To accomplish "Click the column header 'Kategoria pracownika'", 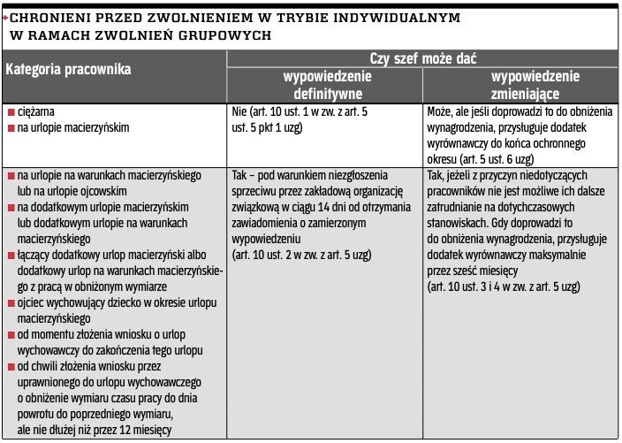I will pos(68,69).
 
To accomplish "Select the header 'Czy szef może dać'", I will pos(423,58).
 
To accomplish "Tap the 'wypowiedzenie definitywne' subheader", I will pos(326,85).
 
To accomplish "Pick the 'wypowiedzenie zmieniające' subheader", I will pos(521,85).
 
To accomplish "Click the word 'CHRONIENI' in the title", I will pos(52,17).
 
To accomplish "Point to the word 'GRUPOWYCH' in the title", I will pos(224,35).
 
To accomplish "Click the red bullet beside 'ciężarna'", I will pos(11,113).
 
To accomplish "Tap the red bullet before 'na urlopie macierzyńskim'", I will pos(11,128).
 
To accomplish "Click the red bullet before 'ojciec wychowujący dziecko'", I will pos(11,303).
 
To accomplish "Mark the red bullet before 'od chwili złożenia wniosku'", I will pos(11,367).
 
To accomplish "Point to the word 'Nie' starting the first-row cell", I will pos(238,112).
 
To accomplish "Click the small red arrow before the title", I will pos(5,17).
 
